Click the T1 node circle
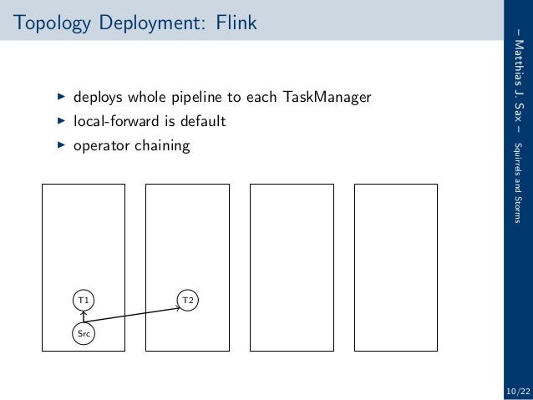[x=83, y=299]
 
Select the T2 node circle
[x=188, y=299]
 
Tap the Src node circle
[x=83, y=333]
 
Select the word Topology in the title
[x=49, y=22]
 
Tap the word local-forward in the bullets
[x=114, y=122]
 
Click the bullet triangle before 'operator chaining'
[x=60, y=145]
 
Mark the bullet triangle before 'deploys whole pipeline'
[x=60, y=97]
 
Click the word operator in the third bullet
[x=100, y=147]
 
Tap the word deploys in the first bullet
[x=96, y=99]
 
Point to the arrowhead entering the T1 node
[x=83, y=312]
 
